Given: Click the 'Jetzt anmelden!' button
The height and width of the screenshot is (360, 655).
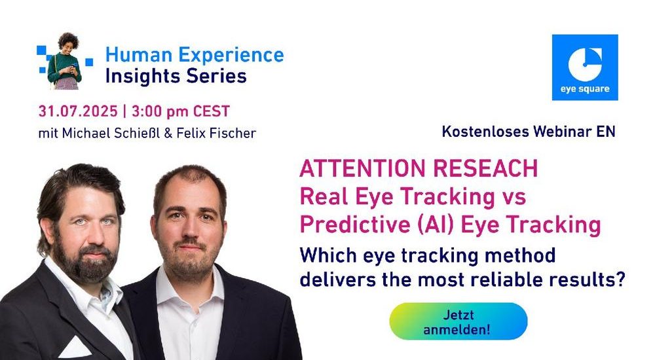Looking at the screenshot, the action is pos(458,321).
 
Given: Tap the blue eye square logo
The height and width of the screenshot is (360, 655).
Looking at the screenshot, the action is pos(585,67).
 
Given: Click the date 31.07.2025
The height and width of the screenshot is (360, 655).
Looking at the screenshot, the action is pos(78,111).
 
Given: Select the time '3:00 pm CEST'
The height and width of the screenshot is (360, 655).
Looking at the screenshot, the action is pos(181,111).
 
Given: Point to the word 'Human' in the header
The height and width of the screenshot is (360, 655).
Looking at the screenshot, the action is pos(139,55).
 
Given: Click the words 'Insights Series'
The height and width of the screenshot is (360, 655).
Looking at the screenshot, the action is pos(176,76).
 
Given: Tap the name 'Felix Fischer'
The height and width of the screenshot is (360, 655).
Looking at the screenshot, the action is pos(216,134).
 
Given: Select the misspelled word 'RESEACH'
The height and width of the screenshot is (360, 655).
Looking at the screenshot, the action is pos(485,168).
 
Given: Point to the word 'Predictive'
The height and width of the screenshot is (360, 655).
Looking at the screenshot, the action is pos(355,225).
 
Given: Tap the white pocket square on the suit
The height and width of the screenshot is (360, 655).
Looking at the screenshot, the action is pos(75,348).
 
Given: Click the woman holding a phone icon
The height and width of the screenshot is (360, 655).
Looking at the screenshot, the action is pos(65,61).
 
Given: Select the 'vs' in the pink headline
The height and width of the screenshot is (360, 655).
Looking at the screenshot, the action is pos(514,197).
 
